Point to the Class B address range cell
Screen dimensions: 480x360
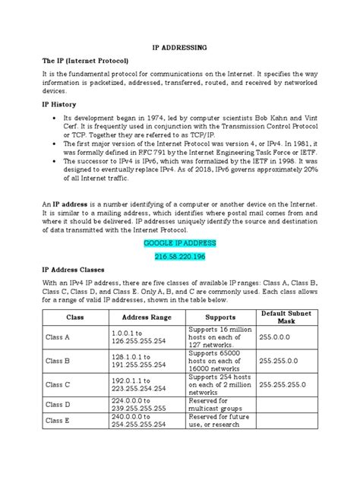[147, 359]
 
